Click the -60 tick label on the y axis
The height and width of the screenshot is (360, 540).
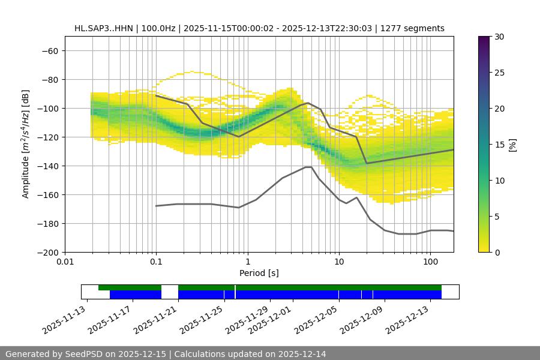50,51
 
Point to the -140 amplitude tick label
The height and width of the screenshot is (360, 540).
47,166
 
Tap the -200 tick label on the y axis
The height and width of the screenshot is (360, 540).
47,253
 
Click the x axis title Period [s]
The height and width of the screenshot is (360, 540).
259,274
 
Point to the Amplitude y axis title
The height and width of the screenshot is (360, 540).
25,144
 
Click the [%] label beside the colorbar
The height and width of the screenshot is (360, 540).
512,145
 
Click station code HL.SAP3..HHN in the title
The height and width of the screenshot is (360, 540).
104,28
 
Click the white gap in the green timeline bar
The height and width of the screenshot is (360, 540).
170,288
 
